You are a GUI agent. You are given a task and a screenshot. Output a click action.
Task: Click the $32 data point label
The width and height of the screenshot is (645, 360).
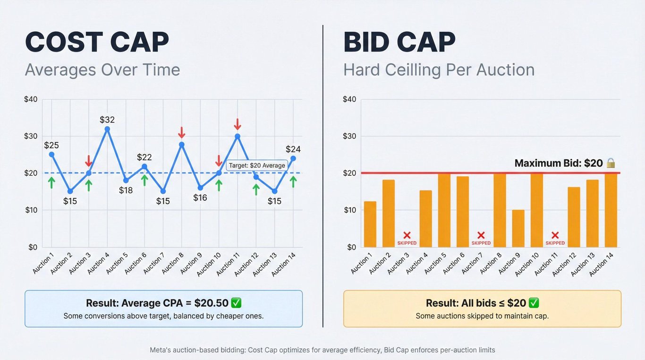[107, 120]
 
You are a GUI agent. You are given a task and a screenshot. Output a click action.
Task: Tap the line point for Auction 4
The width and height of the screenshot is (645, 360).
[107, 129]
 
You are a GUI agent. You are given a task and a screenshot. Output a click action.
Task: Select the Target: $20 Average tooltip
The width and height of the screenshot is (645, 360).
[257, 165]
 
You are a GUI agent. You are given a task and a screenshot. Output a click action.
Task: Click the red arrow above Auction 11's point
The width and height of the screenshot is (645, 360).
[238, 124]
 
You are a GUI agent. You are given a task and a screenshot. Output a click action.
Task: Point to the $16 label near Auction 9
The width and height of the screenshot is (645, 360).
[200, 197]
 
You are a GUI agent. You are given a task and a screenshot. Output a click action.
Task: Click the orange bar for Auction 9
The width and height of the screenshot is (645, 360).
[518, 229]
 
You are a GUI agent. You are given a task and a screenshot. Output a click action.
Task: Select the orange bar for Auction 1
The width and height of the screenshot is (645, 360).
[370, 224]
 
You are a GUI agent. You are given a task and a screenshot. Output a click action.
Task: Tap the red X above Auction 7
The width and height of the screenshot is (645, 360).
[481, 235]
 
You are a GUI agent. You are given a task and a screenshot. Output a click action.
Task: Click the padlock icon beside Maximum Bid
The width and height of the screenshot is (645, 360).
[611, 163]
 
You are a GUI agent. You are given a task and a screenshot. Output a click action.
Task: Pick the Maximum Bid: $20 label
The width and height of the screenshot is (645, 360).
[559, 163]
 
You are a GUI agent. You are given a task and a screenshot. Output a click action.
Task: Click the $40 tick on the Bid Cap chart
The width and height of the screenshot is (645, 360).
[349, 99]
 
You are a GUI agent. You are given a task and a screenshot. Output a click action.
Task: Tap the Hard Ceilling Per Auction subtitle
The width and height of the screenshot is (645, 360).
[439, 70]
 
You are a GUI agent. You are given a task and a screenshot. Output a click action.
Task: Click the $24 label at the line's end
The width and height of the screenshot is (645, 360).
[293, 149]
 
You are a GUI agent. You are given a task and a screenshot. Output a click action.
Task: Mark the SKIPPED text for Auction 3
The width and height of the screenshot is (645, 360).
[407, 243]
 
